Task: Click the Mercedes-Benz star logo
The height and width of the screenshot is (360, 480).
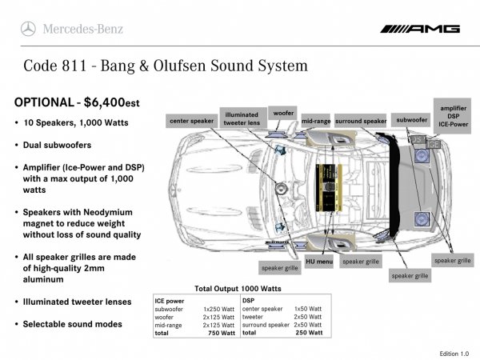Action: click(28, 29)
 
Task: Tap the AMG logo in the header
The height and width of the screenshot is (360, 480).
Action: click(421, 29)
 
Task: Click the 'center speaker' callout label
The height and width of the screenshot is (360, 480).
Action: click(191, 121)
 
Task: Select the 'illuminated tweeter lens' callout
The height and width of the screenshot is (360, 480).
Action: click(241, 118)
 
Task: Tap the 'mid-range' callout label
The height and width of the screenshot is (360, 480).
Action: click(316, 121)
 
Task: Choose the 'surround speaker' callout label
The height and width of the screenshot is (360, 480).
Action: click(361, 121)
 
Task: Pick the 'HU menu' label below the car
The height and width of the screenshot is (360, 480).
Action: click(319, 262)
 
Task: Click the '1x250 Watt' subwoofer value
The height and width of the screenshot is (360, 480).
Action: click(218, 308)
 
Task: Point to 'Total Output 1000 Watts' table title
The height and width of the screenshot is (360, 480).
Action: click(238, 288)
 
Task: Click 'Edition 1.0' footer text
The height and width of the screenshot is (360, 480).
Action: click(454, 353)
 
